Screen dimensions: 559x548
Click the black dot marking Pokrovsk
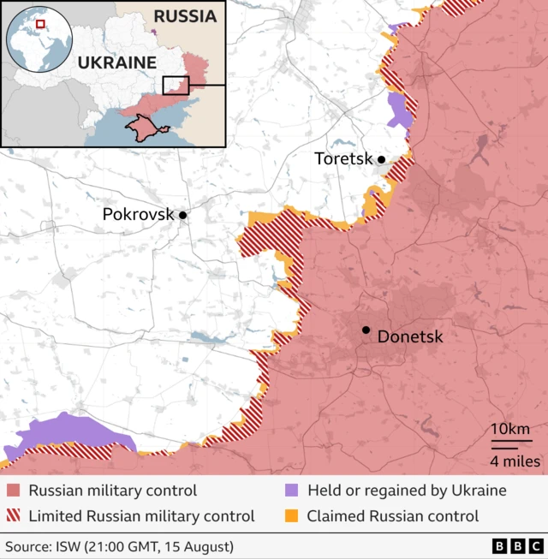pyautogui.click(x=182, y=215)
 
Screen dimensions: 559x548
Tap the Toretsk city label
pyautogui.click(x=344, y=159)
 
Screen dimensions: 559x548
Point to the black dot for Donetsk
pyautogui.click(x=366, y=330)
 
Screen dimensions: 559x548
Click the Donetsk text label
pyautogui.click(x=410, y=337)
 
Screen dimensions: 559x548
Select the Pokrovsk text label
pyautogui.click(x=137, y=215)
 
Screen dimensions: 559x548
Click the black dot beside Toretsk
pyautogui.click(x=381, y=159)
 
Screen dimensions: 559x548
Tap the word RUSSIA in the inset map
pyautogui.click(x=184, y=15)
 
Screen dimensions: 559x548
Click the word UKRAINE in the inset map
pyautogui.click(x=116, y=62)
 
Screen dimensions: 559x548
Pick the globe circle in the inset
pyautogui.click(x=39, y=40)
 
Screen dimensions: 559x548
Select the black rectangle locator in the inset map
pyautogui.click(x=176, y=85)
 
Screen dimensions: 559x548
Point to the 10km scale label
pyautogui.click(x=510, y=430)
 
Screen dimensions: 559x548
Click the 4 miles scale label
pyautogui.click(x=515, y=461)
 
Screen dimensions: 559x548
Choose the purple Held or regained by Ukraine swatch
pyautogui.click(x=291, y=491)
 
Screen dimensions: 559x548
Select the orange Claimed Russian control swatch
pyautogui.click(x=291, y=516)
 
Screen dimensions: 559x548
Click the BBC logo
pyautogui.click(x=516, y=546)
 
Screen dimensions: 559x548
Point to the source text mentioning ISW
pyautogui.click(x=119, y=546)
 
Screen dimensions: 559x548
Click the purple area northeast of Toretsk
pyautogui.click(x=398, y=110)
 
